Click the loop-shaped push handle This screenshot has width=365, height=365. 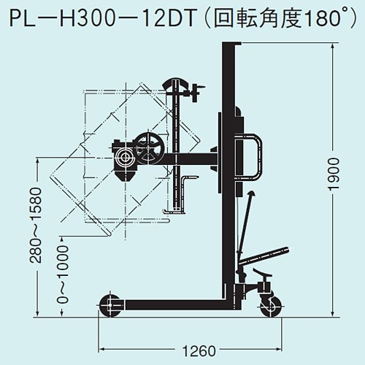click(x=251, y=156)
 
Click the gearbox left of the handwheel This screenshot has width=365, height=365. click(x=126, y=156)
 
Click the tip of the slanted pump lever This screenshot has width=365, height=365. click(x=251, y=193)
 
